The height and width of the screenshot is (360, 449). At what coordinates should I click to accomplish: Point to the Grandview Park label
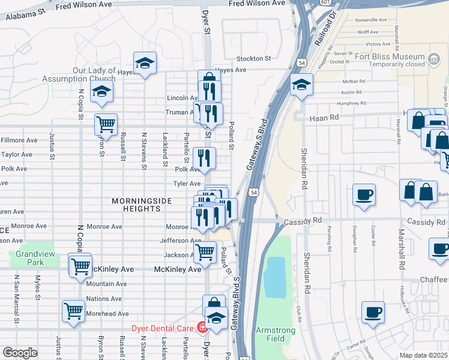[x=30, y=258]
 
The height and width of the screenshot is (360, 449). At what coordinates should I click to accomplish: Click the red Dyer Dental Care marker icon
[x=203, y=328]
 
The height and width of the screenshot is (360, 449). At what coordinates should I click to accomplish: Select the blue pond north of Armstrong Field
[x=276, y=277]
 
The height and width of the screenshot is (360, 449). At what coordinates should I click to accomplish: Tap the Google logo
[x=20, y=352]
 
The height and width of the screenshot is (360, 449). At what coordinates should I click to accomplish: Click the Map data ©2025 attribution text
[x=423, y=355]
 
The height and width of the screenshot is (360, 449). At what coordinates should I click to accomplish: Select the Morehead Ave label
[x=107, y=314]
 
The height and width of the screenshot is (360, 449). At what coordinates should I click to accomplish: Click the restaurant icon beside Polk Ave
[x=204, y=158]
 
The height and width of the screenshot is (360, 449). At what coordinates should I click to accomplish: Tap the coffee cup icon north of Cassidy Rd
[x=364, y=195]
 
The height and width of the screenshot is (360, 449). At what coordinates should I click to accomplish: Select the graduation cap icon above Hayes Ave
[x=145, y=62]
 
